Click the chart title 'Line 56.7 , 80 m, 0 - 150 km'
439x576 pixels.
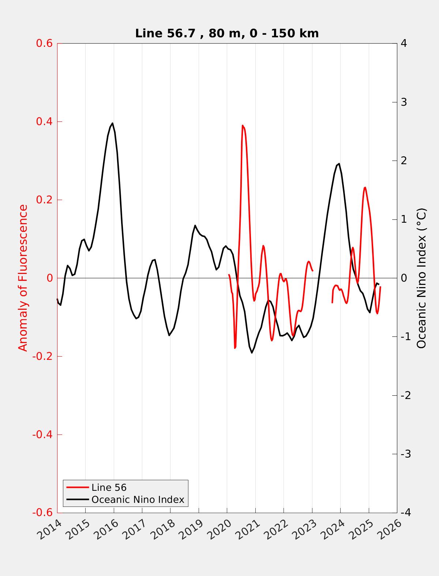coord(227,34)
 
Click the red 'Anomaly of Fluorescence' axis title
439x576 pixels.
coord(23,278)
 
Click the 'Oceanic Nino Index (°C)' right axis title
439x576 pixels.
coord(421,278)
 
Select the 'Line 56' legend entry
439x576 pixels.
coord(109,487)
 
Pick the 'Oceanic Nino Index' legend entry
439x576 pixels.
coord(138,500)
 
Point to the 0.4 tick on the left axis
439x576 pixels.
coord(44,122)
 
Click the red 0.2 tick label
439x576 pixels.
coord(44,200)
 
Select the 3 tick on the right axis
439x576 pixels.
coord(404,102)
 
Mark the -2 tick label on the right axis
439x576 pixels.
coord(405,395)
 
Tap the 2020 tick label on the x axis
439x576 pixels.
coord(221,531)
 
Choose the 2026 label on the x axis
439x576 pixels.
coord(391,531)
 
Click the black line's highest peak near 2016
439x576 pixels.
coord(112,123)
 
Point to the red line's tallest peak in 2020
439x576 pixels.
coord(243,125)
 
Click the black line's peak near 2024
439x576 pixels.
coord(339,163)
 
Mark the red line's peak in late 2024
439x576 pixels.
coord(365,187)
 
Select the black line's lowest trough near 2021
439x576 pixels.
coord(252,353)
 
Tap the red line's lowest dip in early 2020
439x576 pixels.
coord(235,348)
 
